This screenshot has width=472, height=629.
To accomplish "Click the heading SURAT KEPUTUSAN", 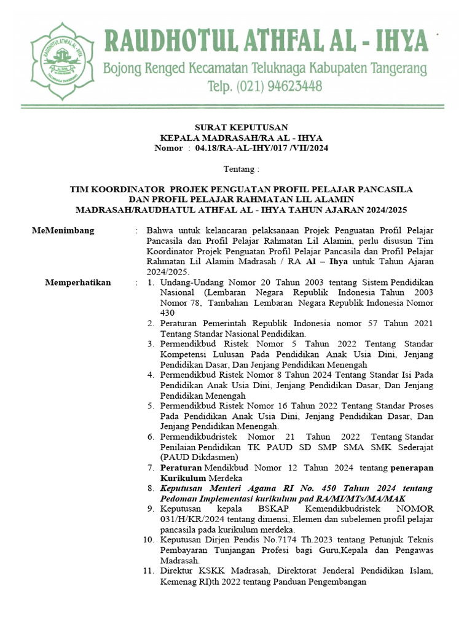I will pyautogui.click(x=237, y=127).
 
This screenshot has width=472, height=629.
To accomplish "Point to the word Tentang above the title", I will pyautogui.click(x=240, y=168).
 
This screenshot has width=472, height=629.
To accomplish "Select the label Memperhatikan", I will pyautogui.click(x=78, y=283).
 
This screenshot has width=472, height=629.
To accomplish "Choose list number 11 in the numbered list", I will pyautogui.click(x=148, y=571).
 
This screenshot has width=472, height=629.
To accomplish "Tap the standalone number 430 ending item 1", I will pyautogui.click(x=168, y=313).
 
